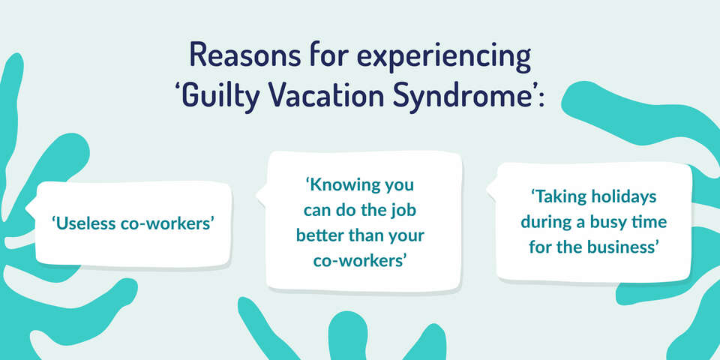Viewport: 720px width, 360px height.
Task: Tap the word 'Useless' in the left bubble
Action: [84, 223]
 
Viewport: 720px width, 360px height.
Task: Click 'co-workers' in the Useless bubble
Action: [169, 223]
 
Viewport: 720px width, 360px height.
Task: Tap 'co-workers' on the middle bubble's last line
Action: [360, 261]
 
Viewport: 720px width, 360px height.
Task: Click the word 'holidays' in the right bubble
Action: [624, 197]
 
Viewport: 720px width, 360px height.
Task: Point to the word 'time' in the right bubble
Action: [650, 223]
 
